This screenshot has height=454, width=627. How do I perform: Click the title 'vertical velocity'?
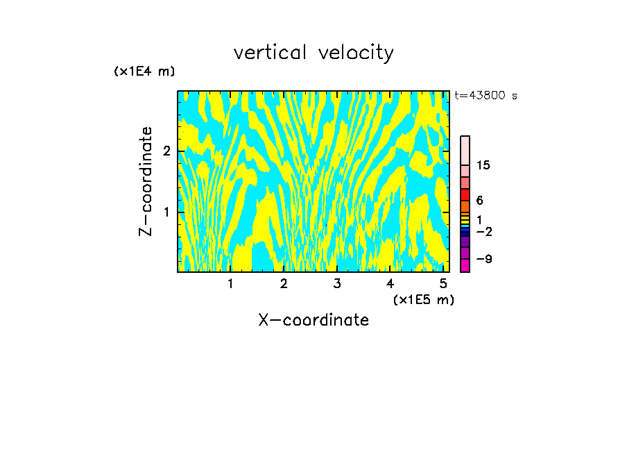click(x=313, y=53)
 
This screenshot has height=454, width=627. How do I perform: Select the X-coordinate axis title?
click(x=313, y=320)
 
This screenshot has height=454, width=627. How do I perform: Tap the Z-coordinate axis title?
click(x=146, y=181)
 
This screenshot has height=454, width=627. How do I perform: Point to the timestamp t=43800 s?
click(x=486, y=96)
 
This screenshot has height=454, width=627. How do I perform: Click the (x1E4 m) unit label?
click(x=144, y=71)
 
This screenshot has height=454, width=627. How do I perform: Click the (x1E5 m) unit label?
click(x=423, y=299)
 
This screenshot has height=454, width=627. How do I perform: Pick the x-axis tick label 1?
click(x=230, y=283)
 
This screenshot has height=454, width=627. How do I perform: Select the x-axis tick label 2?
click(x=284, y=283)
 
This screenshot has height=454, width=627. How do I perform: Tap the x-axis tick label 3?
click(x=337, y=283)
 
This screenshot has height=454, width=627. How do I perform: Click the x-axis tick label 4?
click(x=390, y=283)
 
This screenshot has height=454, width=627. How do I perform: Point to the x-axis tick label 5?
click(x=443, y=283)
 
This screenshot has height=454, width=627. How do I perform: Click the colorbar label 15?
click(x=483, y=165)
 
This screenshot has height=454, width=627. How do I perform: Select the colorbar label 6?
click(x=479, y=201)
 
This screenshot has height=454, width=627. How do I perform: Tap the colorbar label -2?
click(x=483, y=231)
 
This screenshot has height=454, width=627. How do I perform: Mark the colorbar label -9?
click(x=483, y=259)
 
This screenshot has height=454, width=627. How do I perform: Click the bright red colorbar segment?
click(x=465, y=194)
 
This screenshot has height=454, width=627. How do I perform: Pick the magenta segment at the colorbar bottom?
click(x=465, y=265)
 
